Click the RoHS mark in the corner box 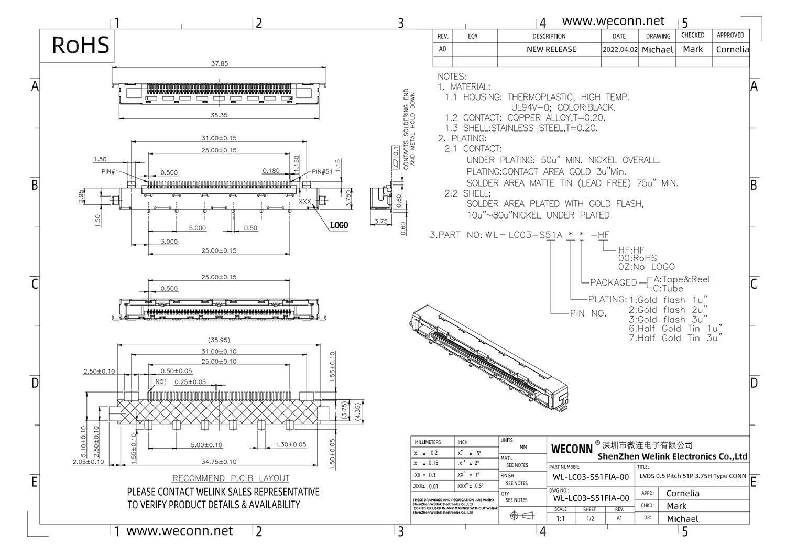point(80,45)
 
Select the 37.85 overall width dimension point(220,63)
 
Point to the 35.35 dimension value point(219,115)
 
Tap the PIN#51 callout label point(322,172)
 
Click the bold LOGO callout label point(339,225)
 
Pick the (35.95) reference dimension point(219,340)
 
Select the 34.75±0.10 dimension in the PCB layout point(219,462)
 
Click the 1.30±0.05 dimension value point(290,444)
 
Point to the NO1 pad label point(161,381)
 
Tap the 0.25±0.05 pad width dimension point(190,382)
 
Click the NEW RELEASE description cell point(551,49)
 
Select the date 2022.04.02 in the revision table point(620,50)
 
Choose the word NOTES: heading point(452,77)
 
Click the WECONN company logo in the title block point(572,449)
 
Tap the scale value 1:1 point(560,519)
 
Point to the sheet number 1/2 point(590,519)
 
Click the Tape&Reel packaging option point(682,279)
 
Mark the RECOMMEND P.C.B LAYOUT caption point(231,478)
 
